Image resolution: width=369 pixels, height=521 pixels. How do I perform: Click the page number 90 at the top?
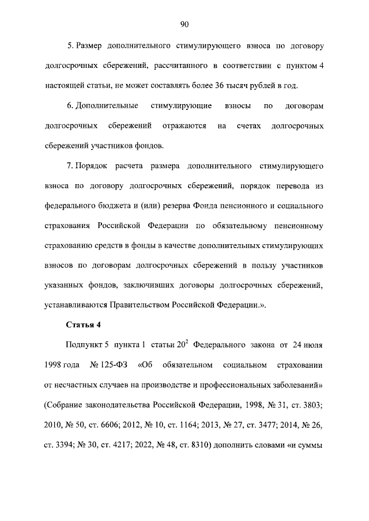[x=184, y=24]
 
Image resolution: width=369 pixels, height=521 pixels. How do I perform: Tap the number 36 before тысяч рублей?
[x=216, y=86]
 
